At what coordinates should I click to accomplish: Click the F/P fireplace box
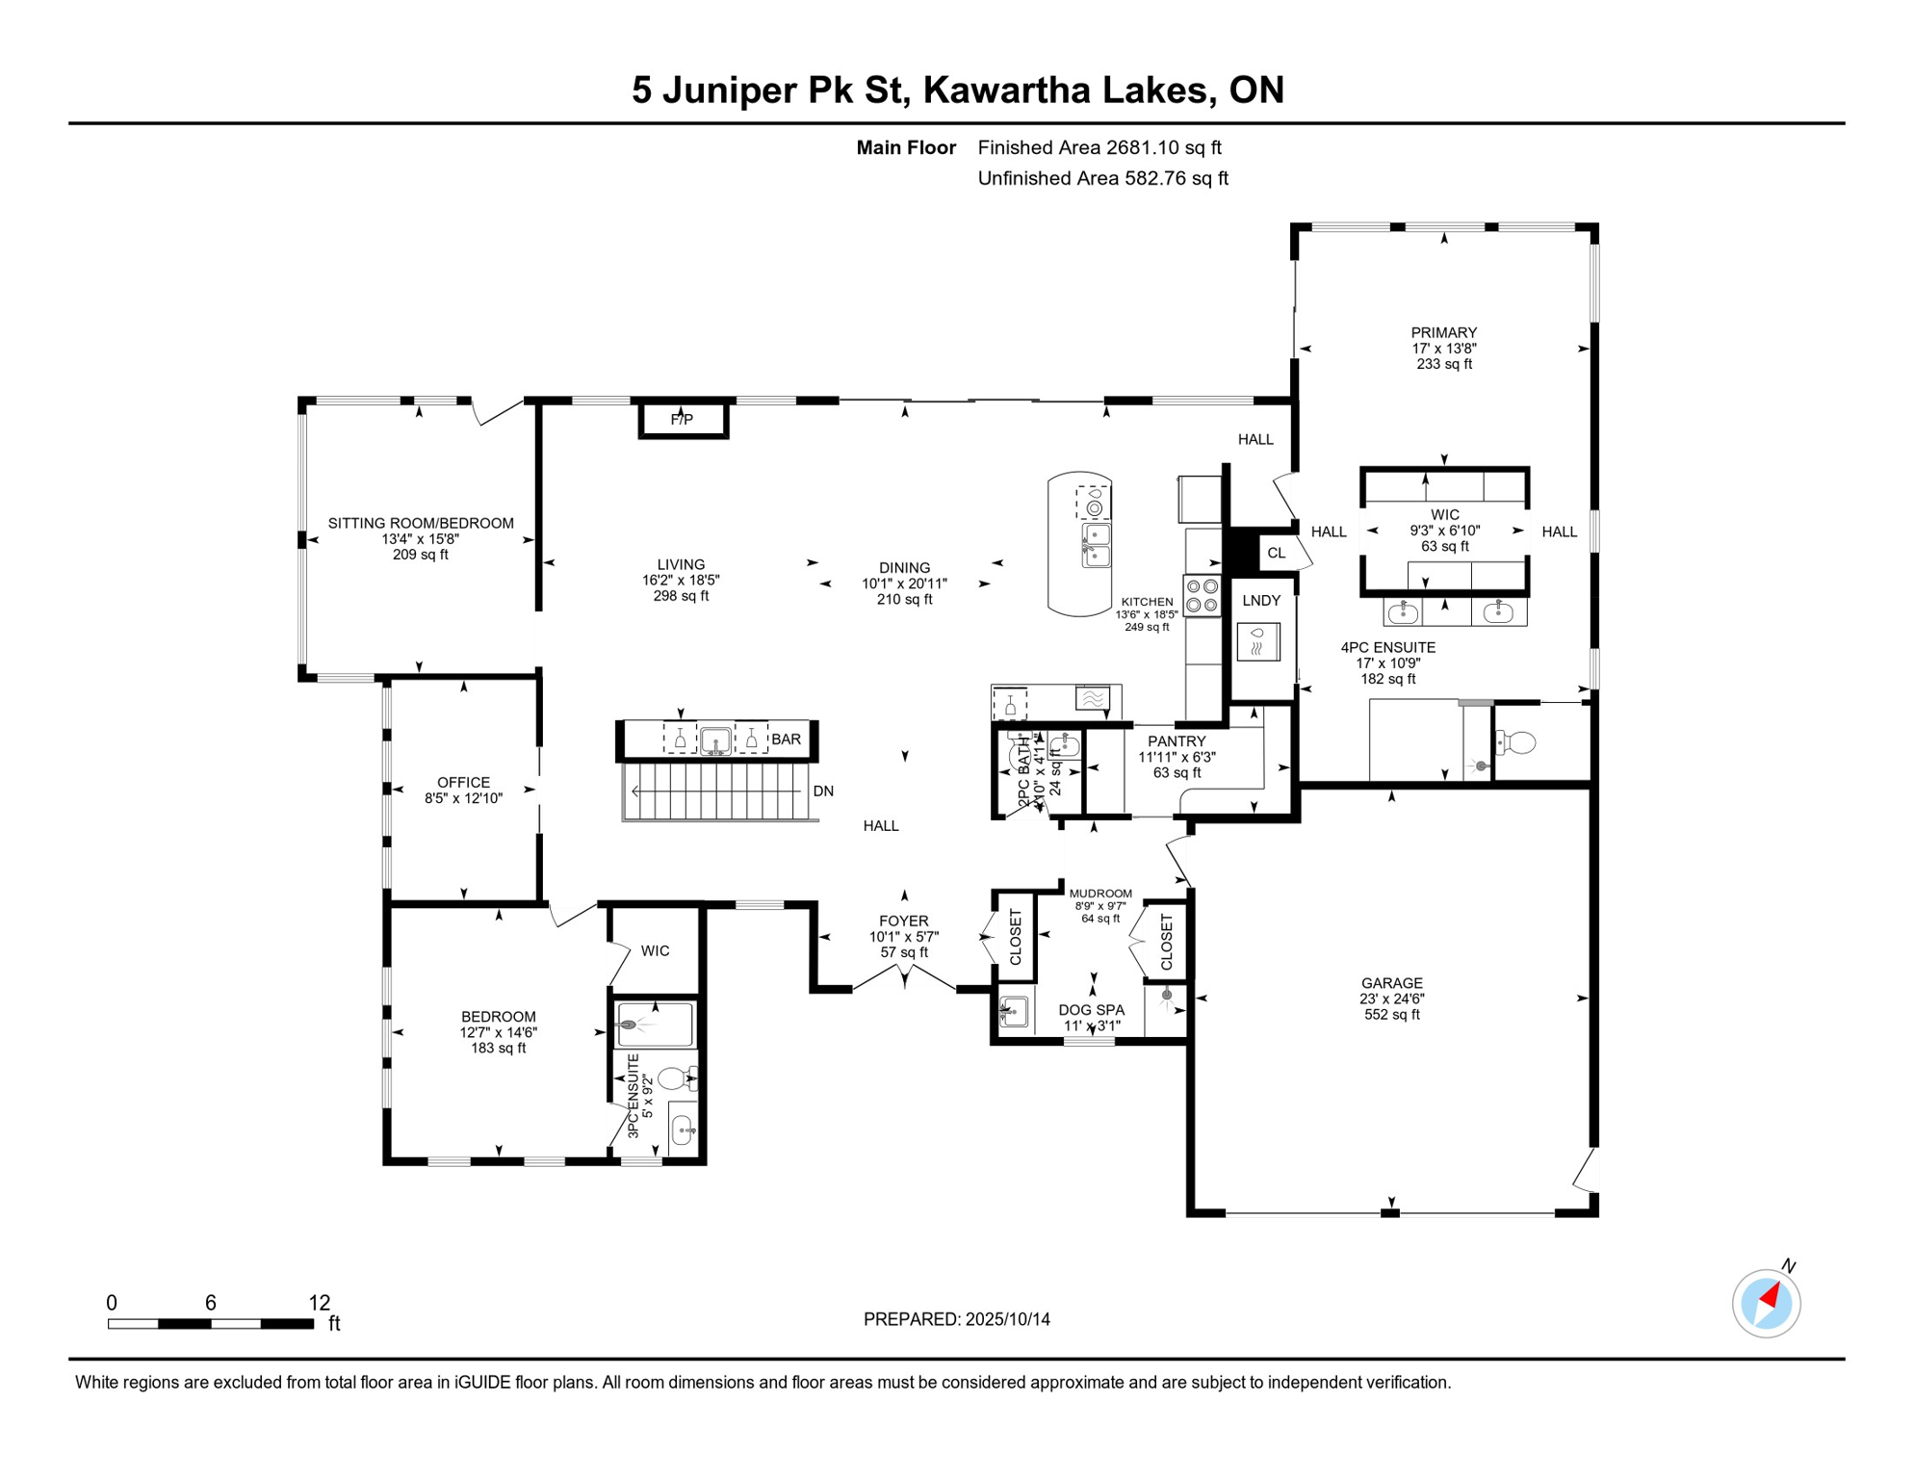683,420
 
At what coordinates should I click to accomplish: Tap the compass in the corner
1766,1304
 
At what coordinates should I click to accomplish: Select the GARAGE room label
1391,983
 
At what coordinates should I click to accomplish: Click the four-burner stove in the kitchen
1202,595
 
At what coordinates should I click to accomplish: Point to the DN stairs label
823,791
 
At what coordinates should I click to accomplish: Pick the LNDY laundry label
1261,601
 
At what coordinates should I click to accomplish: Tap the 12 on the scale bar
320,1303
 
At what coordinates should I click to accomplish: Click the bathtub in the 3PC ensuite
656,1025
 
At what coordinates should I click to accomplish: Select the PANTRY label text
1177,741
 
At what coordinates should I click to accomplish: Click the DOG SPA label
1091,1010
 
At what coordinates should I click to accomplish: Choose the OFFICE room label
463,783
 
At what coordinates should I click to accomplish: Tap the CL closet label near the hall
1277,553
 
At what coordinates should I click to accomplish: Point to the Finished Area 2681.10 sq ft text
1099,147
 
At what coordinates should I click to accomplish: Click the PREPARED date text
956,1319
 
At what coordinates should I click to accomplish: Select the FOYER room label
903,921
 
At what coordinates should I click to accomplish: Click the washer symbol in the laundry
1257,642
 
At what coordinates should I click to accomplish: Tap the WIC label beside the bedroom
655,951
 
